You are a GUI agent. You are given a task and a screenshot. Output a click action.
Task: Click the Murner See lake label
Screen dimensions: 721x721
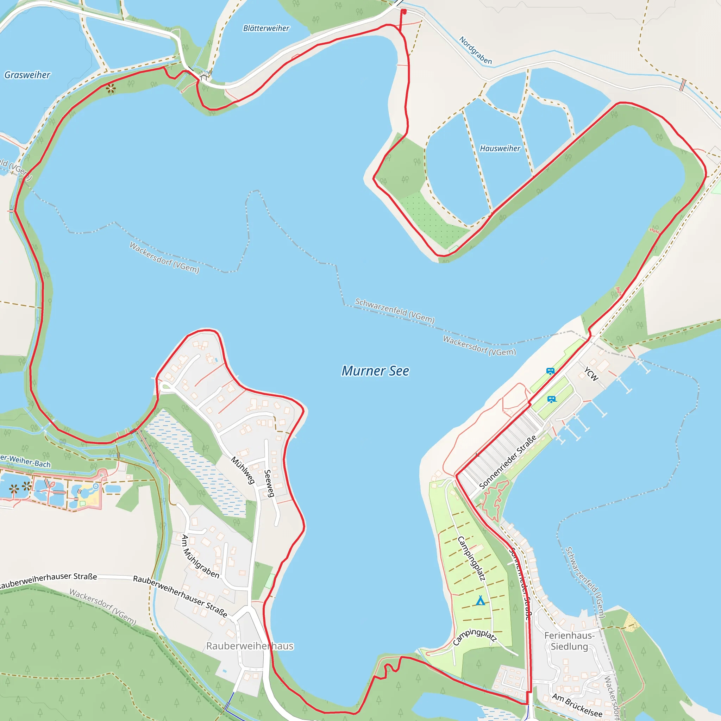point(375,371)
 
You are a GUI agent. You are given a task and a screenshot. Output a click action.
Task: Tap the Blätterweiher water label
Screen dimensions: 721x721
point(266,29)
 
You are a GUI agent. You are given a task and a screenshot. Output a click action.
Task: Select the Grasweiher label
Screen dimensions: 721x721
point(27,75)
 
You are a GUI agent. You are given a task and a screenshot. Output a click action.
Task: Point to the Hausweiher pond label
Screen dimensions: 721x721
point(500,149)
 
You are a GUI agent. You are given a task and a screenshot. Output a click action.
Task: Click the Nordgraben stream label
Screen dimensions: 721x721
point(475,50)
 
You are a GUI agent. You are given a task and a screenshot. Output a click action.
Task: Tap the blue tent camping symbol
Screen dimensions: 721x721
point(480,601)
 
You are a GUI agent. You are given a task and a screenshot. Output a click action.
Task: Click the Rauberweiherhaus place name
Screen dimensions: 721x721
point(250,646)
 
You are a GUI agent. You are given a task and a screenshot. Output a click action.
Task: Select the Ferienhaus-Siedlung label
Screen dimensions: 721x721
point(569,641)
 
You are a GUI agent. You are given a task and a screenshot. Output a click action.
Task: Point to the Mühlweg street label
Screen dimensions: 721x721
point(243,471)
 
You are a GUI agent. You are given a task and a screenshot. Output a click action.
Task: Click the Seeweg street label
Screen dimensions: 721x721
point(269,483)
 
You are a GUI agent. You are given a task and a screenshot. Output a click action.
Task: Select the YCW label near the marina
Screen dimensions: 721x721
point(591,374)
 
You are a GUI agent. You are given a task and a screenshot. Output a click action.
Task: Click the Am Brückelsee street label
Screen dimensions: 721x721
point(577,705)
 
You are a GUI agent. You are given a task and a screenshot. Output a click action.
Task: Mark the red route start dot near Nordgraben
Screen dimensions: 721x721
point(404,12)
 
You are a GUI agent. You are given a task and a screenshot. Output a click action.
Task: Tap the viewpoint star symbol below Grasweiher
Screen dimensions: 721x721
point(111,89)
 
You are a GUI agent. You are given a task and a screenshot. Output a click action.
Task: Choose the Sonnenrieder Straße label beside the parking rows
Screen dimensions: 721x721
point(508,462)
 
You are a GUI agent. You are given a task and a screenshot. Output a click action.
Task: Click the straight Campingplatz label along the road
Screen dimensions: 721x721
point(472,558)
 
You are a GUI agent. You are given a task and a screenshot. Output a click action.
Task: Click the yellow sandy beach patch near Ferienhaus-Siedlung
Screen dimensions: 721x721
point(631,622)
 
